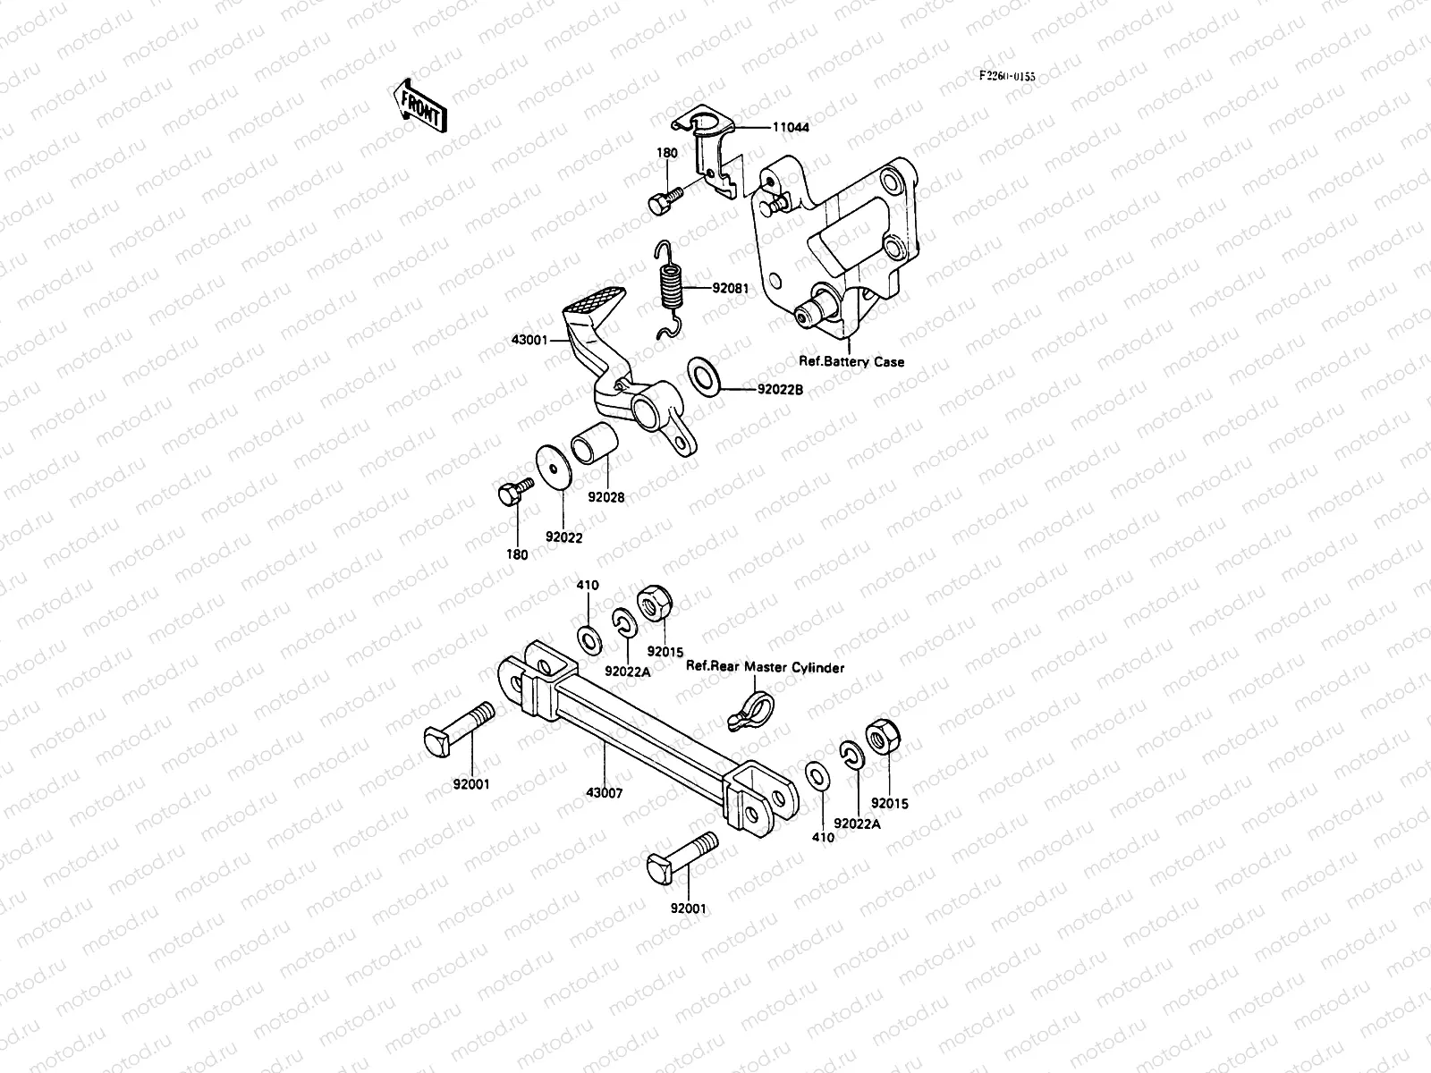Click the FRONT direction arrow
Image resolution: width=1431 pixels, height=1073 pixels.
pos(417,105)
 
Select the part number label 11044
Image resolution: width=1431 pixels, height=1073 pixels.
pos(791,128)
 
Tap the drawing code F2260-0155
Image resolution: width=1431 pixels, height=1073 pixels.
pos(1005,77)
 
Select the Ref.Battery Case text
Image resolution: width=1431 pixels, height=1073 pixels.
pos(851,362)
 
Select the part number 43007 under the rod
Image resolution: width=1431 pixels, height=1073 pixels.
pos(605,792)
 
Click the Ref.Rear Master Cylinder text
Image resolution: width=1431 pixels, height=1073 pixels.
pos(765,667)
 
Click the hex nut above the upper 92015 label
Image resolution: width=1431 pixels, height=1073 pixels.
pos(652,604)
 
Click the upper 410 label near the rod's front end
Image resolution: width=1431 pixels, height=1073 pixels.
pos(588,586)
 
